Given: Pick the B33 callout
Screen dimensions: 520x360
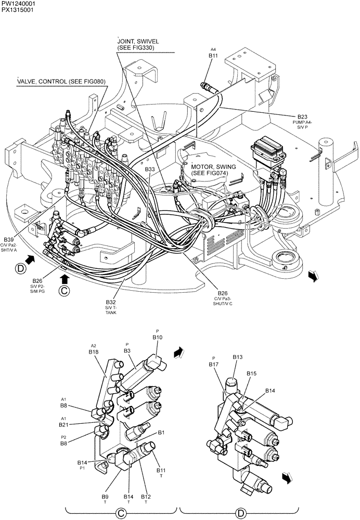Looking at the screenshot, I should pos(149,170).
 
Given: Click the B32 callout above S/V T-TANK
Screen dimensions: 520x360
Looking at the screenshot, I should pos(111,302).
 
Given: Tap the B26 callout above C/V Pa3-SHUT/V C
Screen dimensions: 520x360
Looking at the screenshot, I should pos(223,293).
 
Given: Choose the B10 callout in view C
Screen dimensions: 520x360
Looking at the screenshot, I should pos(158,337).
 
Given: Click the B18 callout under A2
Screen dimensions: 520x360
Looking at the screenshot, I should pos(94,352).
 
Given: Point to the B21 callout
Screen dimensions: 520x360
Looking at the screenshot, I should pos(63,424).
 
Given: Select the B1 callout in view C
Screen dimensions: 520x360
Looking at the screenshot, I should pos(161,432).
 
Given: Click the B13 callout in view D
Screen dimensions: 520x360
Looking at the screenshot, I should pos(238,357).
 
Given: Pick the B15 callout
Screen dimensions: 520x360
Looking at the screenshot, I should pos(251,373).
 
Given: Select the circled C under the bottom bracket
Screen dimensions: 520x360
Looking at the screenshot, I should pos(121,513).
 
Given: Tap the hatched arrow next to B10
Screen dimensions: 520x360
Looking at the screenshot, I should pos(179,352).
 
